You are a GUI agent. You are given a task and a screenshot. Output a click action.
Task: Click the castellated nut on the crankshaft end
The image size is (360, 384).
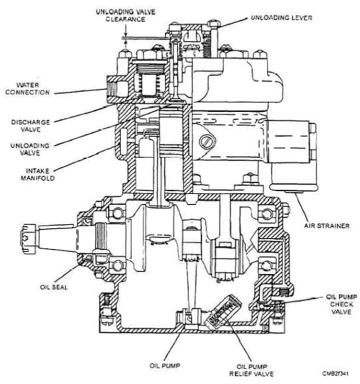tap(28, 239)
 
